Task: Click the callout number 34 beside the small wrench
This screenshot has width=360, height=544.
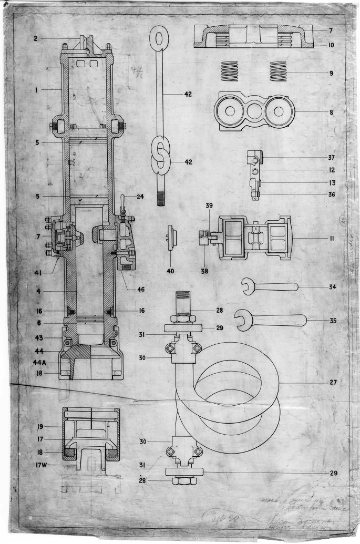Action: point(331,287)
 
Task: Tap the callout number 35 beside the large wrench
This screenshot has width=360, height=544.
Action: point(331,320)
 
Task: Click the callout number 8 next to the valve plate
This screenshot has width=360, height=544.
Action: point(331,112)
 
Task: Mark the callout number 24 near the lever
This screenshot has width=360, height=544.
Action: point(140,198)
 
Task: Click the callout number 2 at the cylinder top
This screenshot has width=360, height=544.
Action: point(36,38)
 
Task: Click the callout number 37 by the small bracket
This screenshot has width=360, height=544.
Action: point(331,158)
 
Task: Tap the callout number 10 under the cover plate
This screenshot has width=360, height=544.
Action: point(331,46)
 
